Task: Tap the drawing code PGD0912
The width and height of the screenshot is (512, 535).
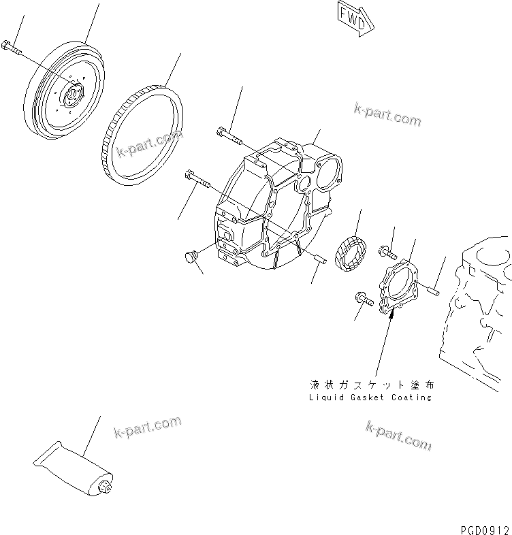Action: [x=483, y=528]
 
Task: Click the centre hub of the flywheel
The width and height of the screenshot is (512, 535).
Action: [x=71, y=93]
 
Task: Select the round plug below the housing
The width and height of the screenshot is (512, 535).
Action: [x=191, y=257]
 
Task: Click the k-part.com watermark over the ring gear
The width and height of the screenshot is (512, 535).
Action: [x=149, y=143]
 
